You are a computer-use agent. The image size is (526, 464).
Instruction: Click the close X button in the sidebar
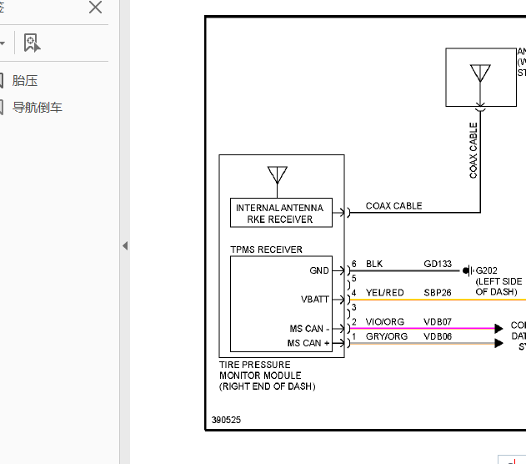[95, 8]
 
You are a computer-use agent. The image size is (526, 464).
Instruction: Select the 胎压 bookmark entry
[25, 81]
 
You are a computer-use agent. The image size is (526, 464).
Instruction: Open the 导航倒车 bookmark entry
[37, 108]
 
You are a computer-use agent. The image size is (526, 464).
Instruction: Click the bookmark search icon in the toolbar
[32, 43]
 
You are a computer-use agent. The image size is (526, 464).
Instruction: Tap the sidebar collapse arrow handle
[125, 246]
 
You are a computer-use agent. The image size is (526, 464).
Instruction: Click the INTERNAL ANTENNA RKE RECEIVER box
[280, 214]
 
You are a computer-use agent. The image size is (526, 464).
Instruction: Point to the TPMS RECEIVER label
[266, 250]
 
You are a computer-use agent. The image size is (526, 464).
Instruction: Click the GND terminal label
[318, 270]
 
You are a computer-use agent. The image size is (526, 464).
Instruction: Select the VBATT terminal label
[314, 299]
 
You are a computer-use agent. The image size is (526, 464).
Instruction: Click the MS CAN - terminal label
[306, 329]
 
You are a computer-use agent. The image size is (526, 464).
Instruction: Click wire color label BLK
[374, 265]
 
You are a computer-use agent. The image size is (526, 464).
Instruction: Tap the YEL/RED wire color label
[384, 293]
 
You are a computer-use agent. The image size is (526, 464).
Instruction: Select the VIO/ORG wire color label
[384, 322]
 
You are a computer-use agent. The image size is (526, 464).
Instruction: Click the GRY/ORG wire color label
[386, 336]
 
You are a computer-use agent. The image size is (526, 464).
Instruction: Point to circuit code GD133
[437, 265]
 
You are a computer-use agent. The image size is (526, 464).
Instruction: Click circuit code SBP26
[437, 293]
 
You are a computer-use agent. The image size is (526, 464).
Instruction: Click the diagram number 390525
[226, 421]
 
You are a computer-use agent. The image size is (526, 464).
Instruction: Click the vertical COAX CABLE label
[473, 151]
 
